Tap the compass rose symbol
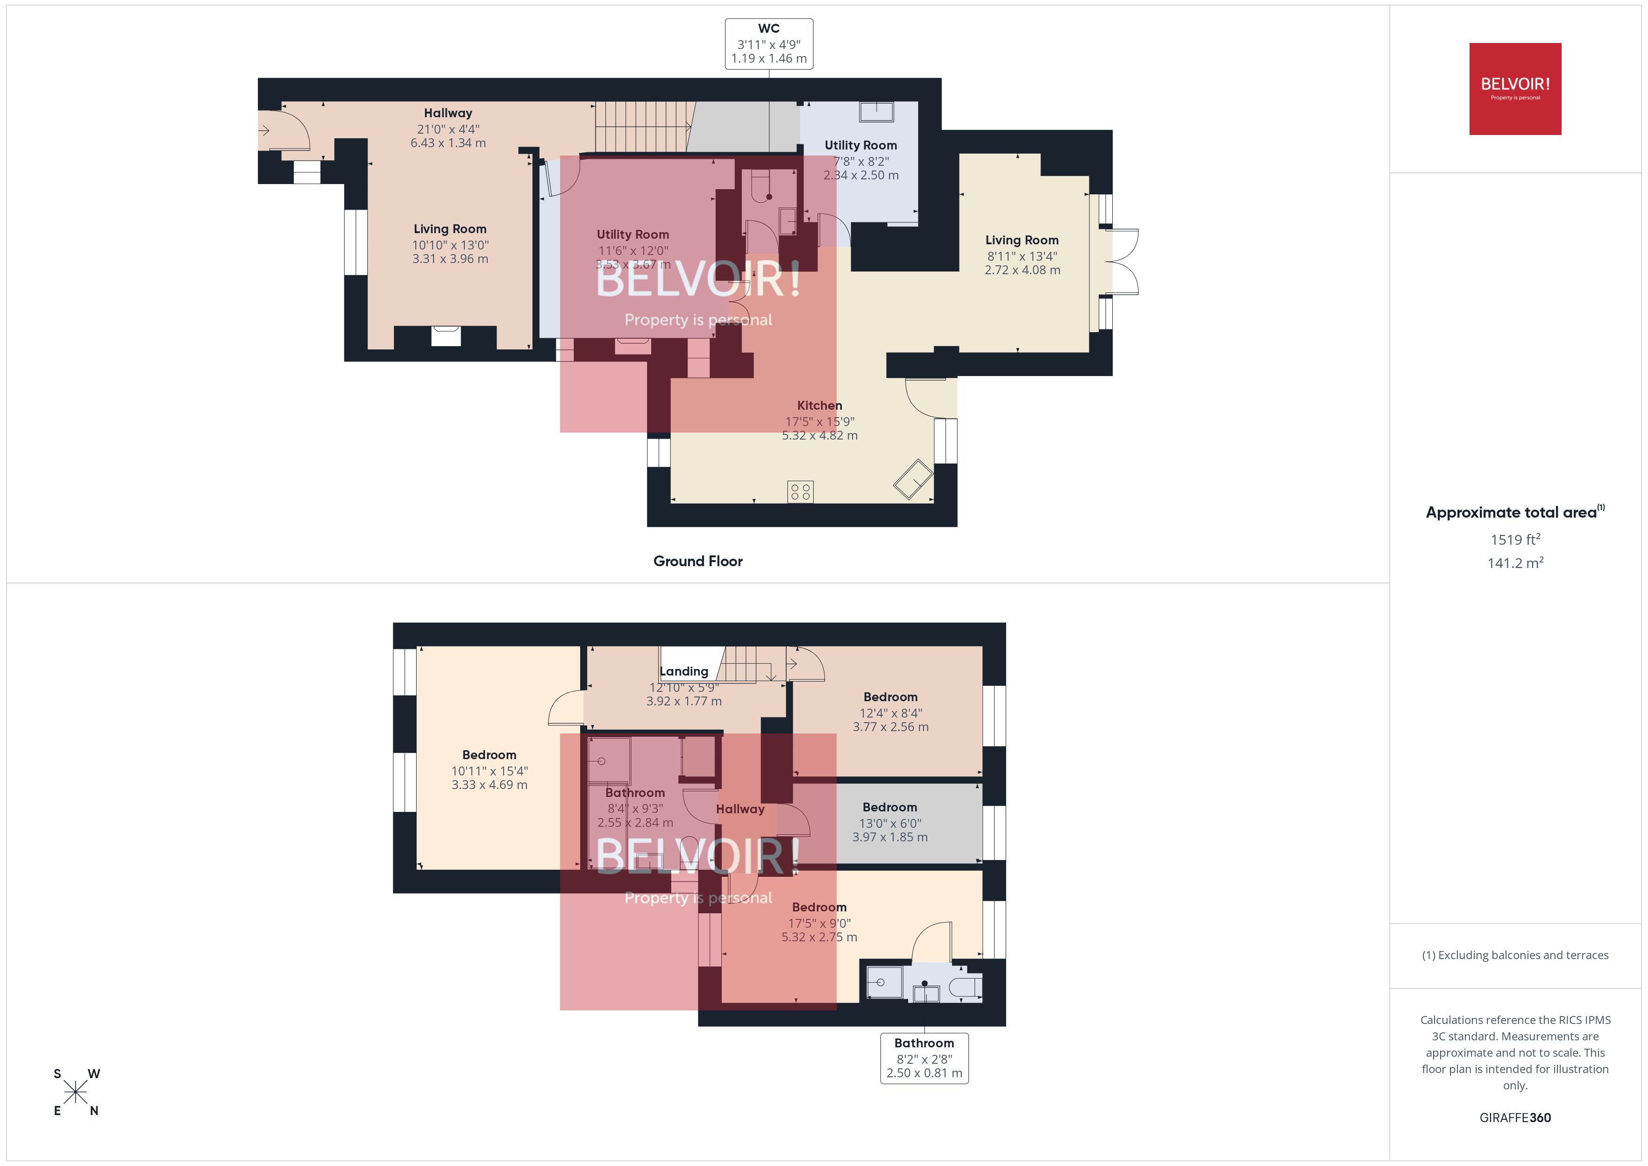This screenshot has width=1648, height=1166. pos(75,1092)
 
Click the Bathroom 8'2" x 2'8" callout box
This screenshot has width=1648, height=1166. pos(924,1058)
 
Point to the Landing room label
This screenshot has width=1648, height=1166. pos(683,671)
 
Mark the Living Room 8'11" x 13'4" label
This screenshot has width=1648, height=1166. pos(1022,254)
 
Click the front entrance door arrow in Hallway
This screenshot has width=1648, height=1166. pos(264,131)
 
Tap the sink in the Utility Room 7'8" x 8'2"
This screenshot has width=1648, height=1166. pos(876,112)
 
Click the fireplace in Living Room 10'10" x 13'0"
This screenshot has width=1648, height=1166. pos(446,336)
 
